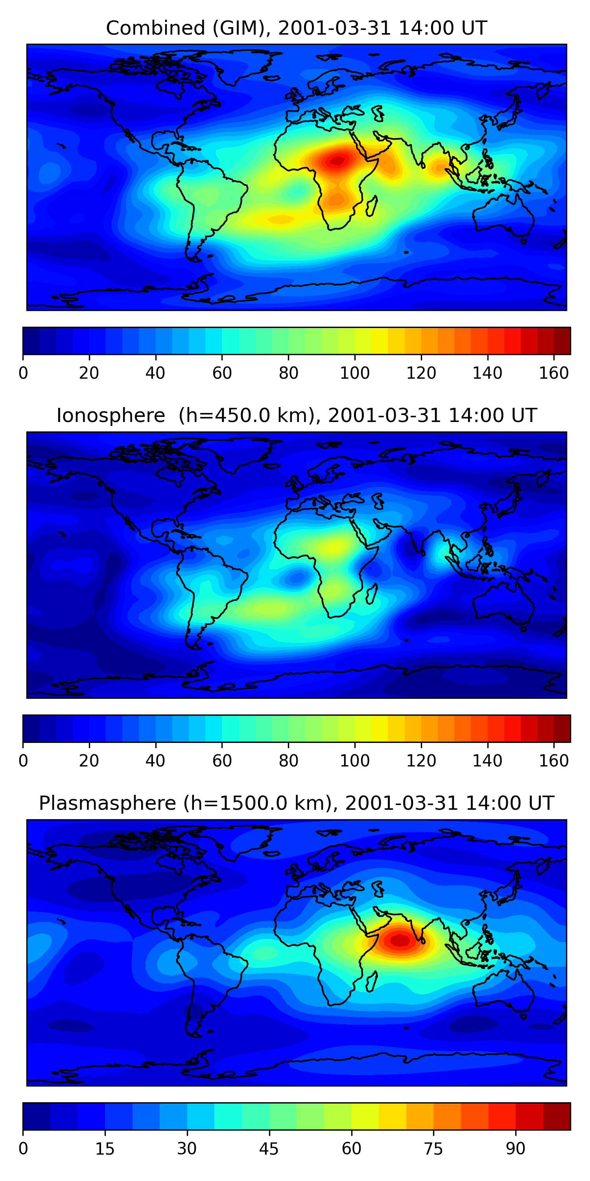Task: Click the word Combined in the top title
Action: pyautogui.click(x=155, y=28)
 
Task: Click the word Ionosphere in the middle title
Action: pyautogui.click(x=111, y=416)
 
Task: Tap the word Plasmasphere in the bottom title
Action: pyautogui.click(x=107, y=803)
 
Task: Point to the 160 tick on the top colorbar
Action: pyautogui.click(x=554, y=373)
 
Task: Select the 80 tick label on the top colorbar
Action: pyautogui.click(x=288, y=373)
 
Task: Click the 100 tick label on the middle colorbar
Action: pyautogui.click(x=354, y=761)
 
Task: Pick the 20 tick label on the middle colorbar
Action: pyautogui.click(x=89, y=761)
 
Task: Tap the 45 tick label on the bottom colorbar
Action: pyautogui.click(x=269, y=1148)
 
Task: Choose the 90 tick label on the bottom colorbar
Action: pyautogui.click(x=515, y=1148)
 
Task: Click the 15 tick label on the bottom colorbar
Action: pyautogui.click(x=105, y=1148)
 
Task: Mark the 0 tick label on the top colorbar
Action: pyautogui.click(x=23, y=373)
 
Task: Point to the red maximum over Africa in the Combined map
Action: pyautogui.click(x=337, y=161)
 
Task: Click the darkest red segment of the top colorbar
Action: pyautogui.click(x=562, y=341)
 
